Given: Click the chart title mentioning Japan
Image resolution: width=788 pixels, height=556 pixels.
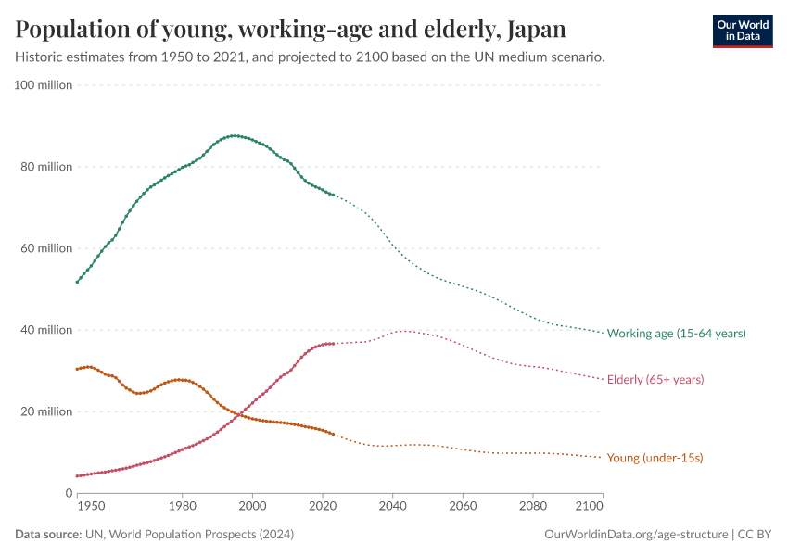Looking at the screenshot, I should tap(290, 29).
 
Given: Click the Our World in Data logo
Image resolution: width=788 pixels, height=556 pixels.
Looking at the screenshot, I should tap(743, 31).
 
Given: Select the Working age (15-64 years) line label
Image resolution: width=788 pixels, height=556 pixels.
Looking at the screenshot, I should tap(676, 333).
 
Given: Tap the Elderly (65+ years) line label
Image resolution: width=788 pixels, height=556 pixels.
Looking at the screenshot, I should tap(655, 379).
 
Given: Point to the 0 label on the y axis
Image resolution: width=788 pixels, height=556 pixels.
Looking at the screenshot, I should tap(68, 493).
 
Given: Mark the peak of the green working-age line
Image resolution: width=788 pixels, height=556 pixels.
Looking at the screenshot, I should tap(235, 135).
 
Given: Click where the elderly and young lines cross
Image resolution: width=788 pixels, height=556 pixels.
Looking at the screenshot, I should tap(239, 415).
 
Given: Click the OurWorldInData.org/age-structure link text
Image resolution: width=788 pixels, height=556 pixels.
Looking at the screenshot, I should tap(636, 535).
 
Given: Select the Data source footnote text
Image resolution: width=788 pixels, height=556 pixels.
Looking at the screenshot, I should tap(138, 535).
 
